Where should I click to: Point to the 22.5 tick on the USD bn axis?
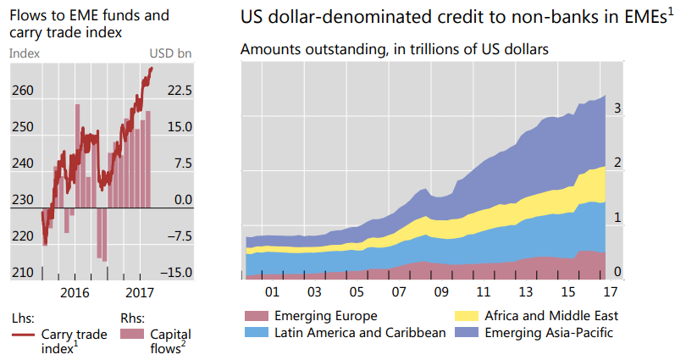pyautogui.click(x=178, y=91)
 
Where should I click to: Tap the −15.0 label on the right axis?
pyautogui.click(x=176, y=273)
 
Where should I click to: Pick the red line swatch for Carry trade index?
pyautogui.click(x=23, y=335)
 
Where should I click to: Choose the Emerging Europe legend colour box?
pyautogui.click(x=255, y=316)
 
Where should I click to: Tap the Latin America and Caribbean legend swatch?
pyautogui.click(x=255, y=332)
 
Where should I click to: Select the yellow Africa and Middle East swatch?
pyautogui.click(x=465, y=316)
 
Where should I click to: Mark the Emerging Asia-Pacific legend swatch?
pyautogui.click(x=465, y=332)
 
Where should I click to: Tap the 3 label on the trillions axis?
pyautogui.click(x=618, y=108)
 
